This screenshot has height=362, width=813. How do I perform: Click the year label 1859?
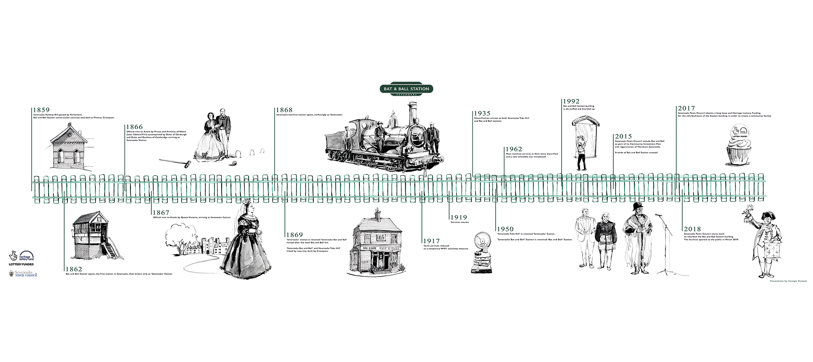tap(41, 110)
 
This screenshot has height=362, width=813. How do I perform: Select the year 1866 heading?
tap(134, 127)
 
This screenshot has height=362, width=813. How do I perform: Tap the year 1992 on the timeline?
tap(571, 101)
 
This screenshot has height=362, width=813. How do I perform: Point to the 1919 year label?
tap(458, 218)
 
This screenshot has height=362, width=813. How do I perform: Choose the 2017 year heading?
tap(686, 109)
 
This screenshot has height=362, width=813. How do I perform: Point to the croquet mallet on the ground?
tap(175, 162)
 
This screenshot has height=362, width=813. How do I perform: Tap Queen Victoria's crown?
tap(246, 201)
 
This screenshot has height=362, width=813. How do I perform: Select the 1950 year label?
tap(505, 229)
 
